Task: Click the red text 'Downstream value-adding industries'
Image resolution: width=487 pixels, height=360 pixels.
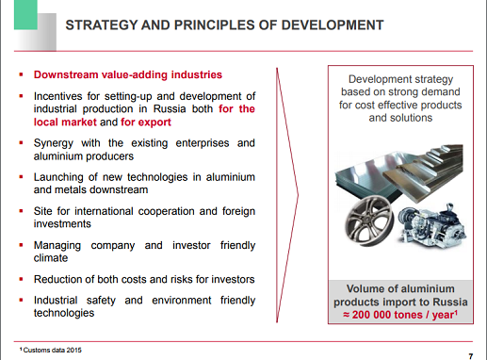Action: [127, 74]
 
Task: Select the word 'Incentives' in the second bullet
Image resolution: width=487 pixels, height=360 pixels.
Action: [59, 96]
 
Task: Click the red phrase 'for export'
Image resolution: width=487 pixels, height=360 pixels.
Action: [147, 122]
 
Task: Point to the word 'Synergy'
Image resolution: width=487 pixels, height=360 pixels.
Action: [56, 143]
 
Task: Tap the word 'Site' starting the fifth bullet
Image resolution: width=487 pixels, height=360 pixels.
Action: [43, 211]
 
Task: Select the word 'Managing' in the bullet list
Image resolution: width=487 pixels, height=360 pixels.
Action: [59, 245]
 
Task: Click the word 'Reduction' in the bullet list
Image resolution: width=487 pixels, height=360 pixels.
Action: [61, 279]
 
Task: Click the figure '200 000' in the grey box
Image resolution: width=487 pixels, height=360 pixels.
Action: [385, 317]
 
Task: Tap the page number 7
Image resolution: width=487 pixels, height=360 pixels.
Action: [469, 353]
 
